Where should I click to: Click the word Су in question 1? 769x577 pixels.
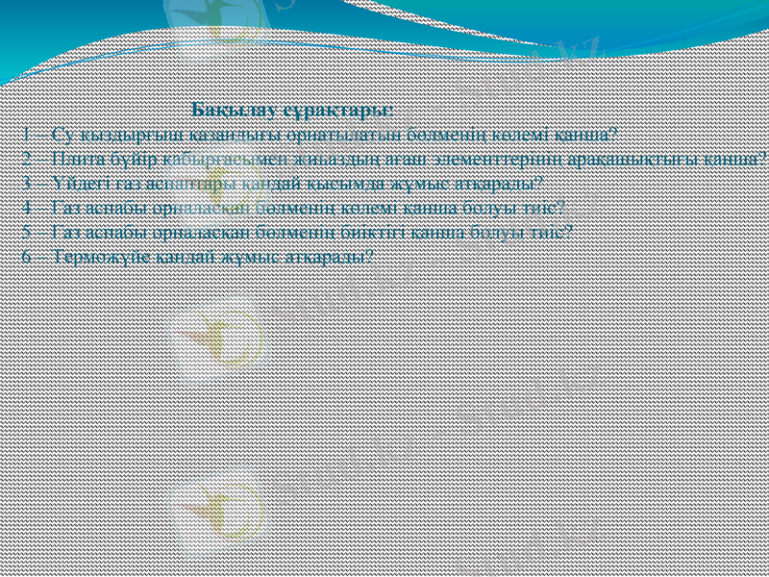(x=63, y=134)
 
